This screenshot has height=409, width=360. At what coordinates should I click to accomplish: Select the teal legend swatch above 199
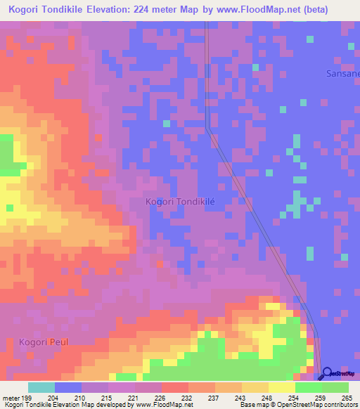pyautogui.click(x=41, y=387)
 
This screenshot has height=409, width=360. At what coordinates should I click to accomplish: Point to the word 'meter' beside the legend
pyautogui.click(x=12, y=397)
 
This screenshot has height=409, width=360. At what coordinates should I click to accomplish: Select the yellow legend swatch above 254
pyautogui.click(x=282, y=387)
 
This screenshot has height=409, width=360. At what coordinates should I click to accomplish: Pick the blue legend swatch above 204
pyautogui.click(x=68, y=387)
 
